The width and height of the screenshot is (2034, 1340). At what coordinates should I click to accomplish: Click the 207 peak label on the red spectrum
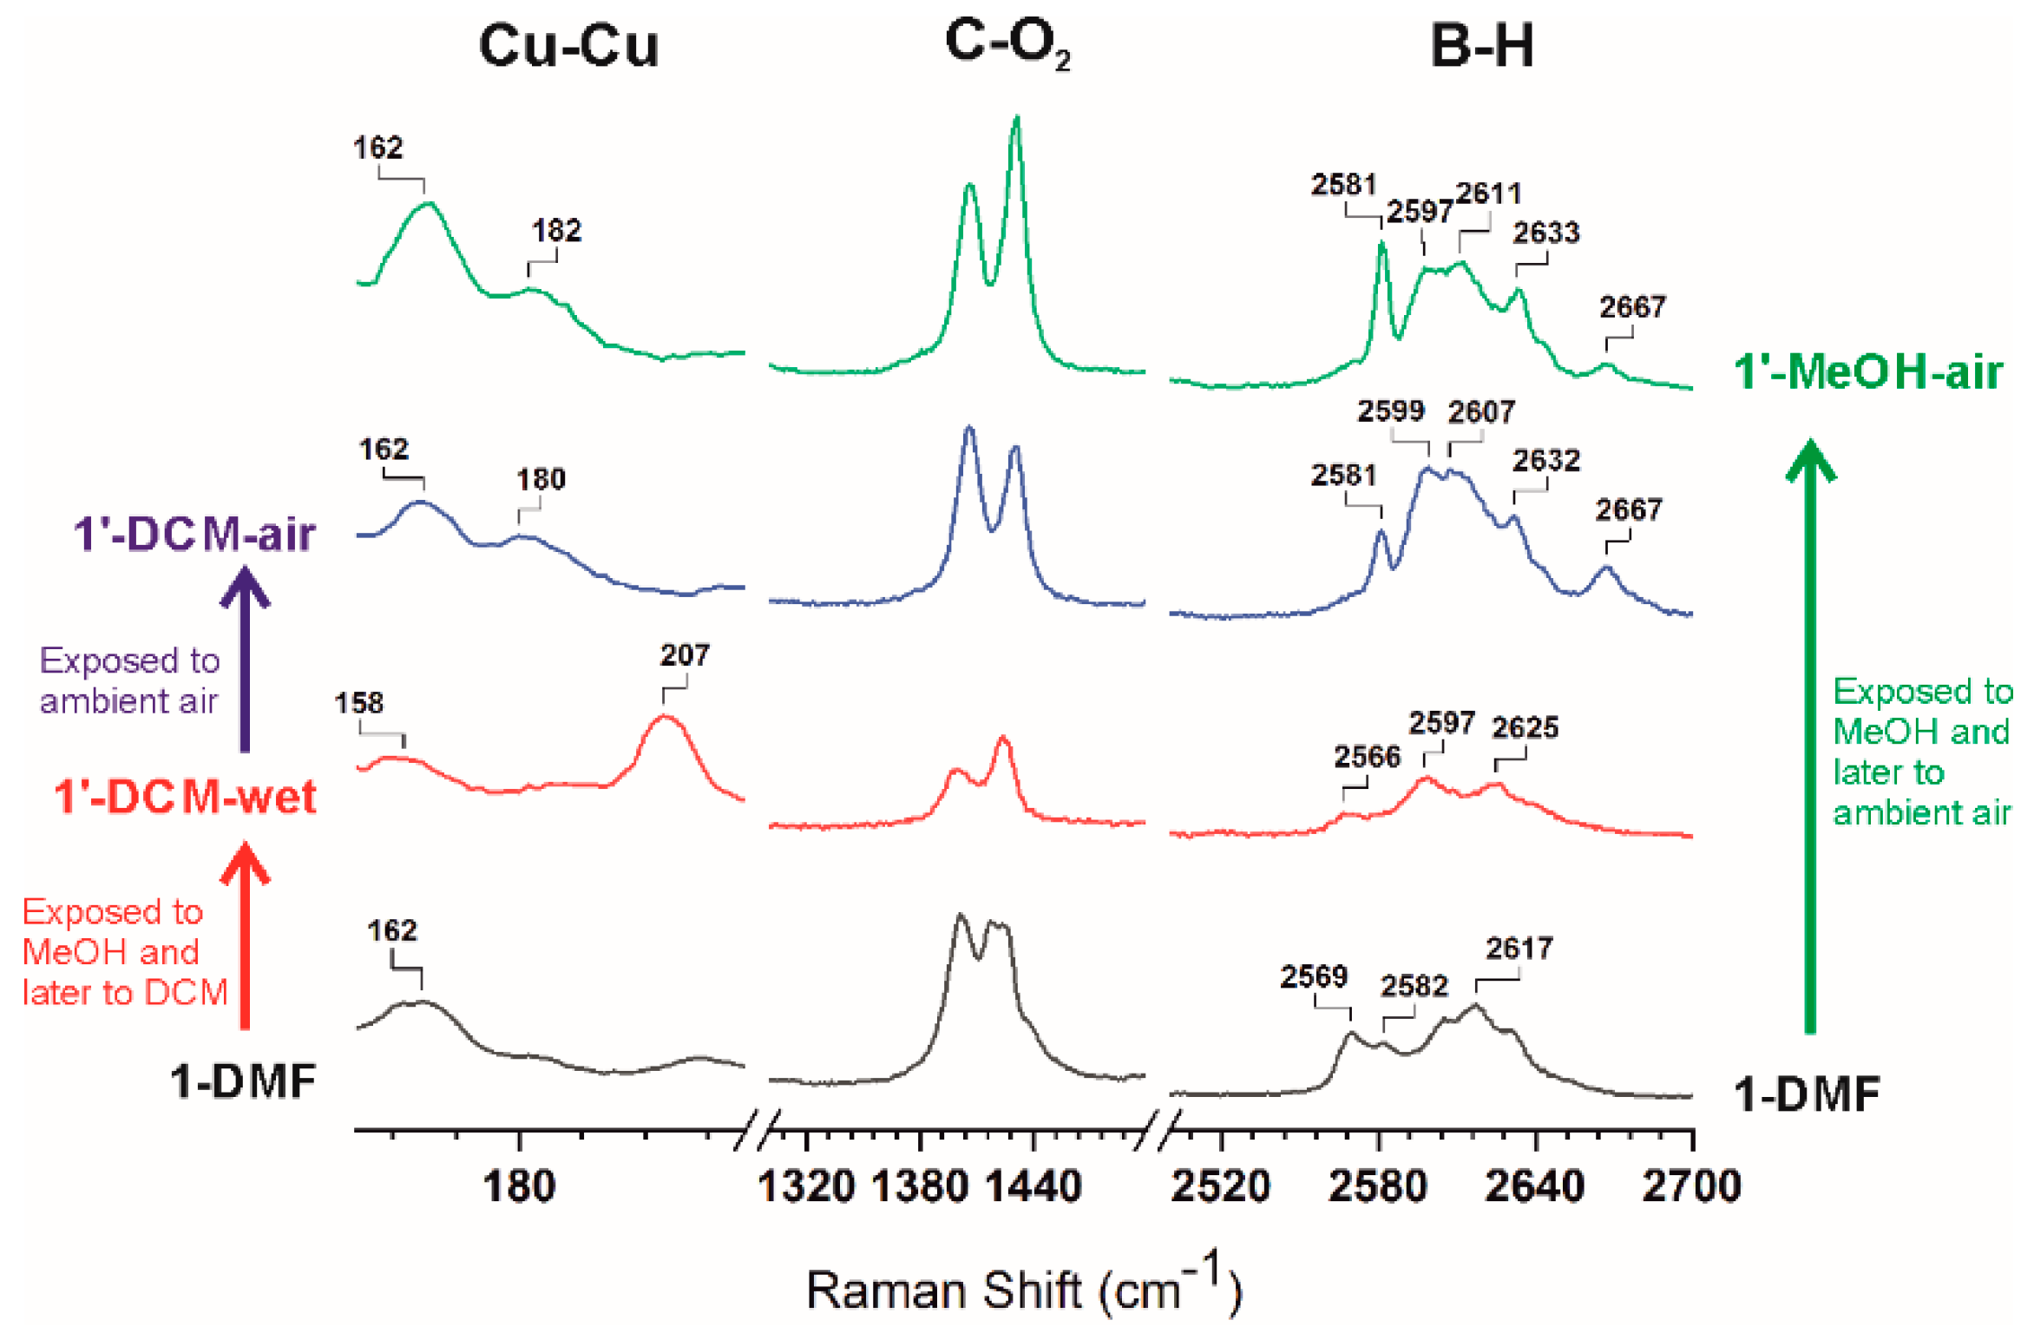pos(684,654)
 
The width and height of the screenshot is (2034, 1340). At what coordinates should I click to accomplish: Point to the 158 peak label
pos(358,702)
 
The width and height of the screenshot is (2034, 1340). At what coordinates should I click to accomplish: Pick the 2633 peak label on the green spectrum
pos(1545,233)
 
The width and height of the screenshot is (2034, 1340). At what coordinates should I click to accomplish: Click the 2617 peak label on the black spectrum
pos(1519,948)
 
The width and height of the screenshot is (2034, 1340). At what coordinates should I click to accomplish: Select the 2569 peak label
pos(1313,976)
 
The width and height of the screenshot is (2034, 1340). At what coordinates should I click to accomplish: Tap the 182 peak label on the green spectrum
pos(556,231)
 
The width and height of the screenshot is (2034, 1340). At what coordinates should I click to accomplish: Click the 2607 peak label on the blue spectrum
pos(1480,411)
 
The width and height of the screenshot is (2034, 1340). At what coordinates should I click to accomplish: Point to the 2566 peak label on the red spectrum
pos(1367,757)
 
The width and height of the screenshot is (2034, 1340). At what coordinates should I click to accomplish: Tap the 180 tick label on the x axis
pos(518,1186)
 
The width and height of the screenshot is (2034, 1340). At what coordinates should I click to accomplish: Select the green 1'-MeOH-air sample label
pos(1867,371)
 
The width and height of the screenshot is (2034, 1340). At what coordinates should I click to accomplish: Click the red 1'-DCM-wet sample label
pos(185,797)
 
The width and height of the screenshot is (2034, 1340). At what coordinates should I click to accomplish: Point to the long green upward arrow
pos(1809,738)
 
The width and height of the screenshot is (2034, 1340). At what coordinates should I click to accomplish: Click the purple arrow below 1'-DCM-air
pos(245,660)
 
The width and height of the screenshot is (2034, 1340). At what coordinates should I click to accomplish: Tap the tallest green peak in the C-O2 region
pos(1016,122)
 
